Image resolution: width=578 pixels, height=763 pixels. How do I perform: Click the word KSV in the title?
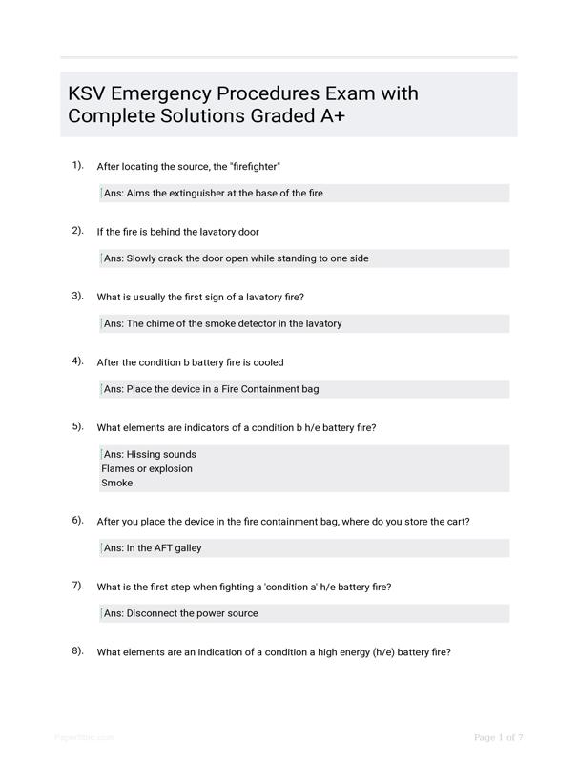[x=90, y=94]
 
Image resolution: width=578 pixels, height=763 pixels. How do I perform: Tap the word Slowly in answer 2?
[x=145, y=258]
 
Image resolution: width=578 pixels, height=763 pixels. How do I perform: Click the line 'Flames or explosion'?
[x=147, y=468]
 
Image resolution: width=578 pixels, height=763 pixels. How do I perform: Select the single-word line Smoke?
[x=117, y=483]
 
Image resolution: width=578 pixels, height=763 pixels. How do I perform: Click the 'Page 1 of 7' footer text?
[x=499, y=737]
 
